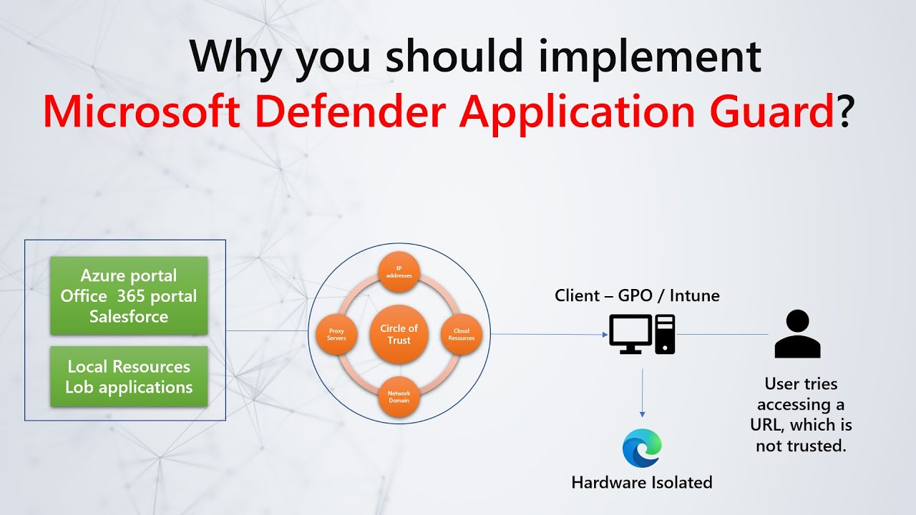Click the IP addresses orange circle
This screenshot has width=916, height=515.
pos(399,272)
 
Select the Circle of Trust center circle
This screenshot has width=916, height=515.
pos(399,334)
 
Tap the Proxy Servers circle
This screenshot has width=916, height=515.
pos(336,334)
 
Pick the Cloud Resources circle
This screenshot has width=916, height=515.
pos(462,334)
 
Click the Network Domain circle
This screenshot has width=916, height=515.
pos(399,397)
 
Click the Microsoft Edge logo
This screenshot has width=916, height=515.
pos(642,448)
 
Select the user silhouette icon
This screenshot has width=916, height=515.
pos(797,334)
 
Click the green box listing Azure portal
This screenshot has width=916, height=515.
pos(129,295)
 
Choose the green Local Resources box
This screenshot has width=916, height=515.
pos(129,376)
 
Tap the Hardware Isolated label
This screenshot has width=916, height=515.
pos(642,483)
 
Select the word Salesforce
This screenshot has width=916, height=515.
pos(129,316)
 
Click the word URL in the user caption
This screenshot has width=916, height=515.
pos(769,426)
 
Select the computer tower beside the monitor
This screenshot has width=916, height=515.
pos(666,334)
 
